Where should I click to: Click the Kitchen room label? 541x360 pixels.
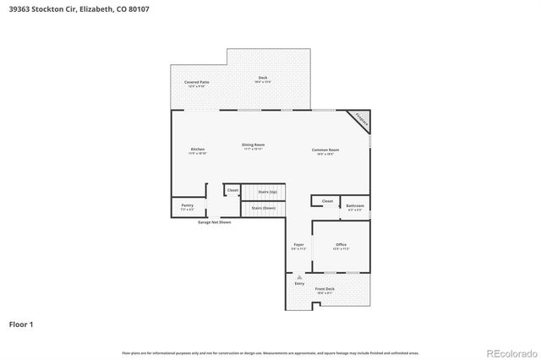[x=197, y=150]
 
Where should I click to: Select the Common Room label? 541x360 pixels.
[x=324, y=151]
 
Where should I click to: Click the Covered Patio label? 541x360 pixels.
[x=197, y=83]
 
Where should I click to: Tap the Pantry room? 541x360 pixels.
[x=188, y=207]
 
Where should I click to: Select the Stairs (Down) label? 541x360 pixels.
[x=264, y=207]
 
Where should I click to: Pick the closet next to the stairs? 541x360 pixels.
[x=232, y=191]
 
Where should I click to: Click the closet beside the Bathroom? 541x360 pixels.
[x=327, y=201]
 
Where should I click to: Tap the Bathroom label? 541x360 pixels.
[x=356, y=207]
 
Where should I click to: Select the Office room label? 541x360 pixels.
[x=341, y=246]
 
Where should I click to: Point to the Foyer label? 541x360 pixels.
[x=298, y=246]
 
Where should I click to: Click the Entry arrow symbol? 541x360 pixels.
[x=299, y=276]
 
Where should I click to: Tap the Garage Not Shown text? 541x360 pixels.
[x=214, y=222]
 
